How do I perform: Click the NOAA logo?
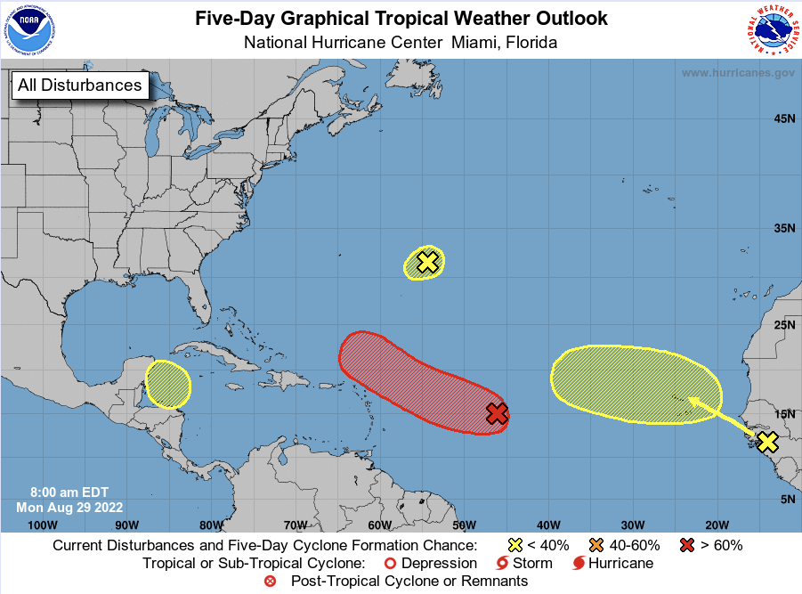28,28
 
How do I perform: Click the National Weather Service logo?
771,28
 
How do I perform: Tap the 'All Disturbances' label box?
78,85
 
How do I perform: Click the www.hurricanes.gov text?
738,73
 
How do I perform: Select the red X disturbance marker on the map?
497,413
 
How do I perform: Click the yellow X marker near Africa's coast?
767,442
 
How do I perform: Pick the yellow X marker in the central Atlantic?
427,262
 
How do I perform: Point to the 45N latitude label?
783,119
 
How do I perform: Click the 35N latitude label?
783,228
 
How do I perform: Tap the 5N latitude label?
787,500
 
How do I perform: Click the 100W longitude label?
42,525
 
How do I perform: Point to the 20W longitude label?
717,525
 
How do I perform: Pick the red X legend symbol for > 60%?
687,545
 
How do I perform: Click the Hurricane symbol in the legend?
579,563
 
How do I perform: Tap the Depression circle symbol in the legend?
388,563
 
